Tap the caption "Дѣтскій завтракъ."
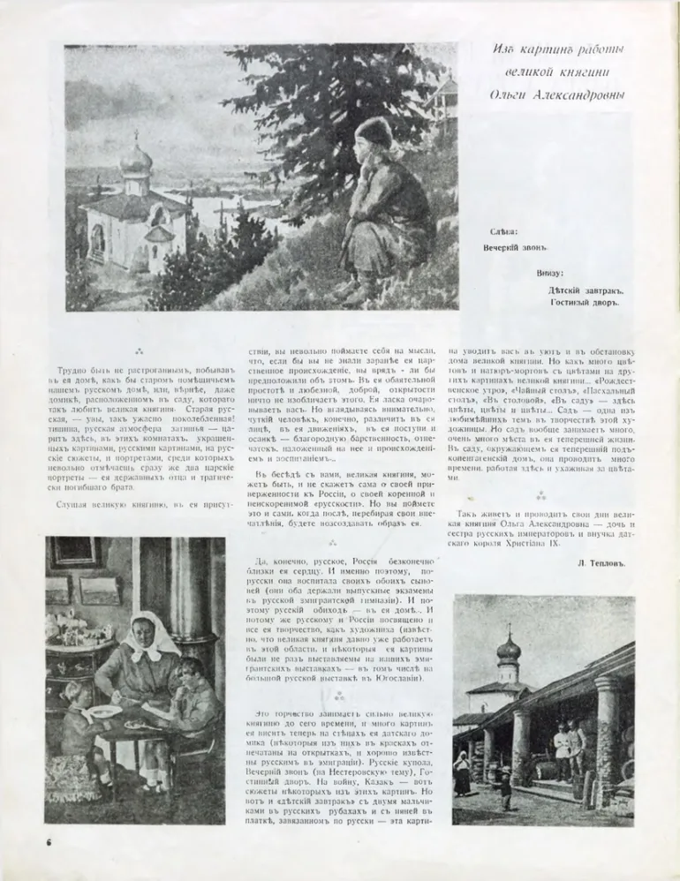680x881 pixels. (x=586, y=289)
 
